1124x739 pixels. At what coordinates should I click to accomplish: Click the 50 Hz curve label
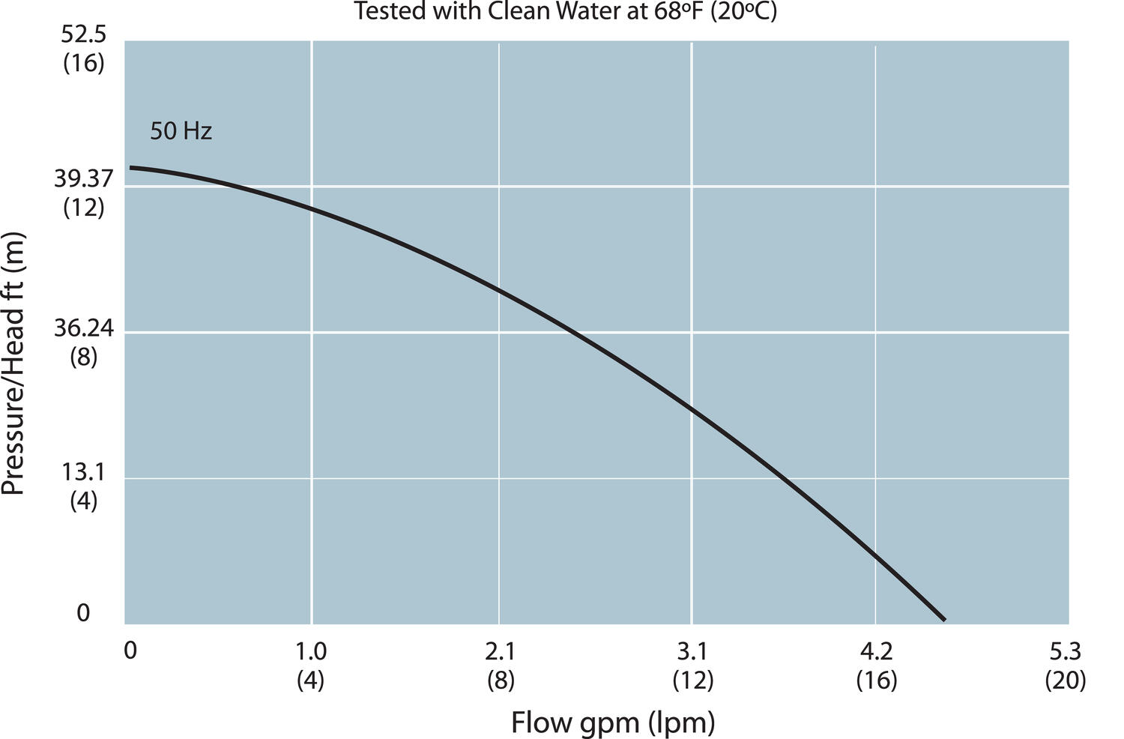coord(181,132)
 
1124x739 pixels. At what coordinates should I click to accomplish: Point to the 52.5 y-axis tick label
coord(83,35)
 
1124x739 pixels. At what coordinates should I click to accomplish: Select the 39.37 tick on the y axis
coord(83,179)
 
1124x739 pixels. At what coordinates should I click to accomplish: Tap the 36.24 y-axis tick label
coord(83,328)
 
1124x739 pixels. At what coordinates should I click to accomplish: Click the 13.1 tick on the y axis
coord(83,472)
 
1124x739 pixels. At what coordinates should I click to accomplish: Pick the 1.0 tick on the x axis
coord(311,651)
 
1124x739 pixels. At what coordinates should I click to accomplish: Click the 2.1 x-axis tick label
coord(500,651)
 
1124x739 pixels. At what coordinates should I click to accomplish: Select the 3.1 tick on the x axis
coord(692,651)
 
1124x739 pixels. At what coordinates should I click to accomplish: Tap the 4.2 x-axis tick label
coord(876,651)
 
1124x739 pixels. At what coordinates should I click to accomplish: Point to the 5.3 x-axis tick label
coord(1065,651)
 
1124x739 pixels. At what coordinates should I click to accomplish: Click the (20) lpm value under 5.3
coord(1065,681)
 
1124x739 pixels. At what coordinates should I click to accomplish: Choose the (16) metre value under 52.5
coord(83,64)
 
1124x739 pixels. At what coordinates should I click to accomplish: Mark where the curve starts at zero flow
coord(130,168)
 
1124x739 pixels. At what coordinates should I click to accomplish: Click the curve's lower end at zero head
coord(944,620)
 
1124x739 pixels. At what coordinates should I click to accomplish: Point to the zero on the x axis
coord(130,651)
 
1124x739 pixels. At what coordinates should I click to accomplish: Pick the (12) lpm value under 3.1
coord(692,681)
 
